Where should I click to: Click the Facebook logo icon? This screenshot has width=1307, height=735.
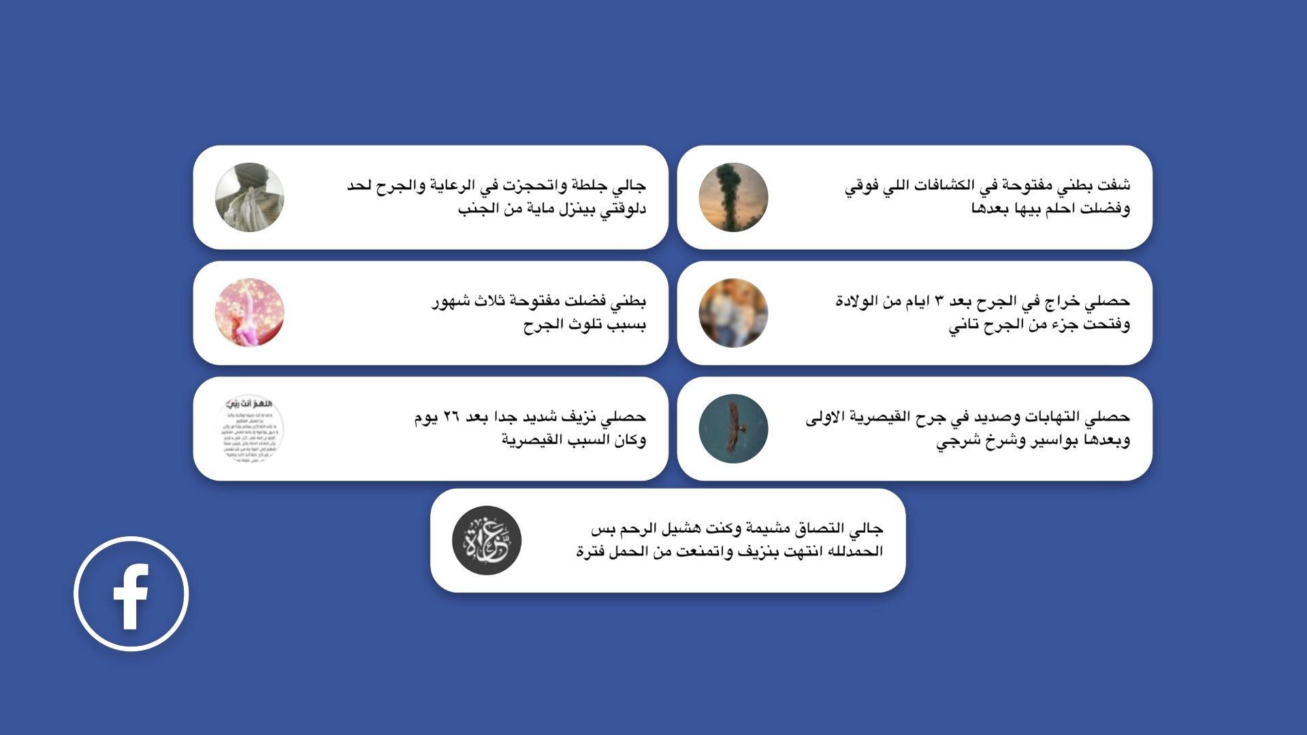click(x=131, y=593)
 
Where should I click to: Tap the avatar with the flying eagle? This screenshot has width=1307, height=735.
click(x=733, y=429)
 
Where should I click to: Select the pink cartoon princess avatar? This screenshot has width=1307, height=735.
click(x=249, y=313)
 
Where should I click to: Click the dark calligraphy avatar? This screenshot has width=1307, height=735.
click(x=487, y=540)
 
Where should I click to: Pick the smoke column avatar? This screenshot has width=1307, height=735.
click(x=733, y=197)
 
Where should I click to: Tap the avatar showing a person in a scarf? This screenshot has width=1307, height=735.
click(x=249, y=197)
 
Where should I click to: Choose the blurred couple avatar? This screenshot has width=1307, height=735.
click(x=733, y=313)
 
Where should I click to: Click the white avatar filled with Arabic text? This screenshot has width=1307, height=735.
click(x=249, y=429)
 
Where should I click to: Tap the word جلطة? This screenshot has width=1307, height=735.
click(x=590, y=185)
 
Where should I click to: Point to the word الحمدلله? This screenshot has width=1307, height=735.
click(x=854, y=551)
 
